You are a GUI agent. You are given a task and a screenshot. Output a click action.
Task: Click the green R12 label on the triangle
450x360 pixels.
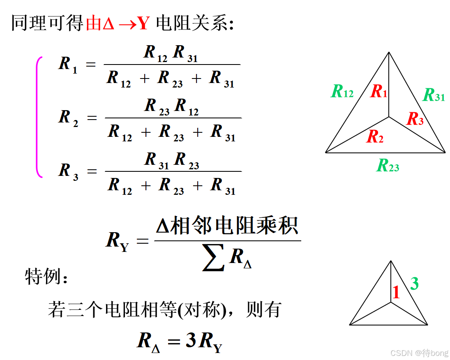[x=342, y=91]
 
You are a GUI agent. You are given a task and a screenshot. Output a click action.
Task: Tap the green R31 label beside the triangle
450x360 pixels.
[x=434, y=95]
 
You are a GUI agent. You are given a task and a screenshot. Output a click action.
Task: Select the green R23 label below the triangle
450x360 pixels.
[x=388, y=166]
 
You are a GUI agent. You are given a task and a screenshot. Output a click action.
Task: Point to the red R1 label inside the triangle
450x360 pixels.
[x=378, y=91]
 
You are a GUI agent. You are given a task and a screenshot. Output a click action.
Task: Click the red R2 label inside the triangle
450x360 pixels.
[x=375, y=136]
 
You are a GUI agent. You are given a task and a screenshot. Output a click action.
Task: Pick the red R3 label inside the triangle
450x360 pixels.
[x=415, y=119]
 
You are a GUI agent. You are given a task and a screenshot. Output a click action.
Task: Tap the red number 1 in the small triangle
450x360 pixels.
[x=396, y=292]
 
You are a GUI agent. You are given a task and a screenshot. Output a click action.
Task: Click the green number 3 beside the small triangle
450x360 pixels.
[x=414, y=284]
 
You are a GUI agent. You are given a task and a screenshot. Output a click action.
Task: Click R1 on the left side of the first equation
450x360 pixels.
[x=68, y=65]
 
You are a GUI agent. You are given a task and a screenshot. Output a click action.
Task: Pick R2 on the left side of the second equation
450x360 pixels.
[x=68, y=118]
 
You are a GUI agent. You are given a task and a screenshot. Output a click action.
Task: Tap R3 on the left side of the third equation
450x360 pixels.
[x=68, y=171]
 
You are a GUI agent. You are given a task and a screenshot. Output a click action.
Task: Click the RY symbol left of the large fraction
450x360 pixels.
[x=117, y=240]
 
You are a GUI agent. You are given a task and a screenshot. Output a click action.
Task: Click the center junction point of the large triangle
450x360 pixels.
[x=389, y=117]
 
